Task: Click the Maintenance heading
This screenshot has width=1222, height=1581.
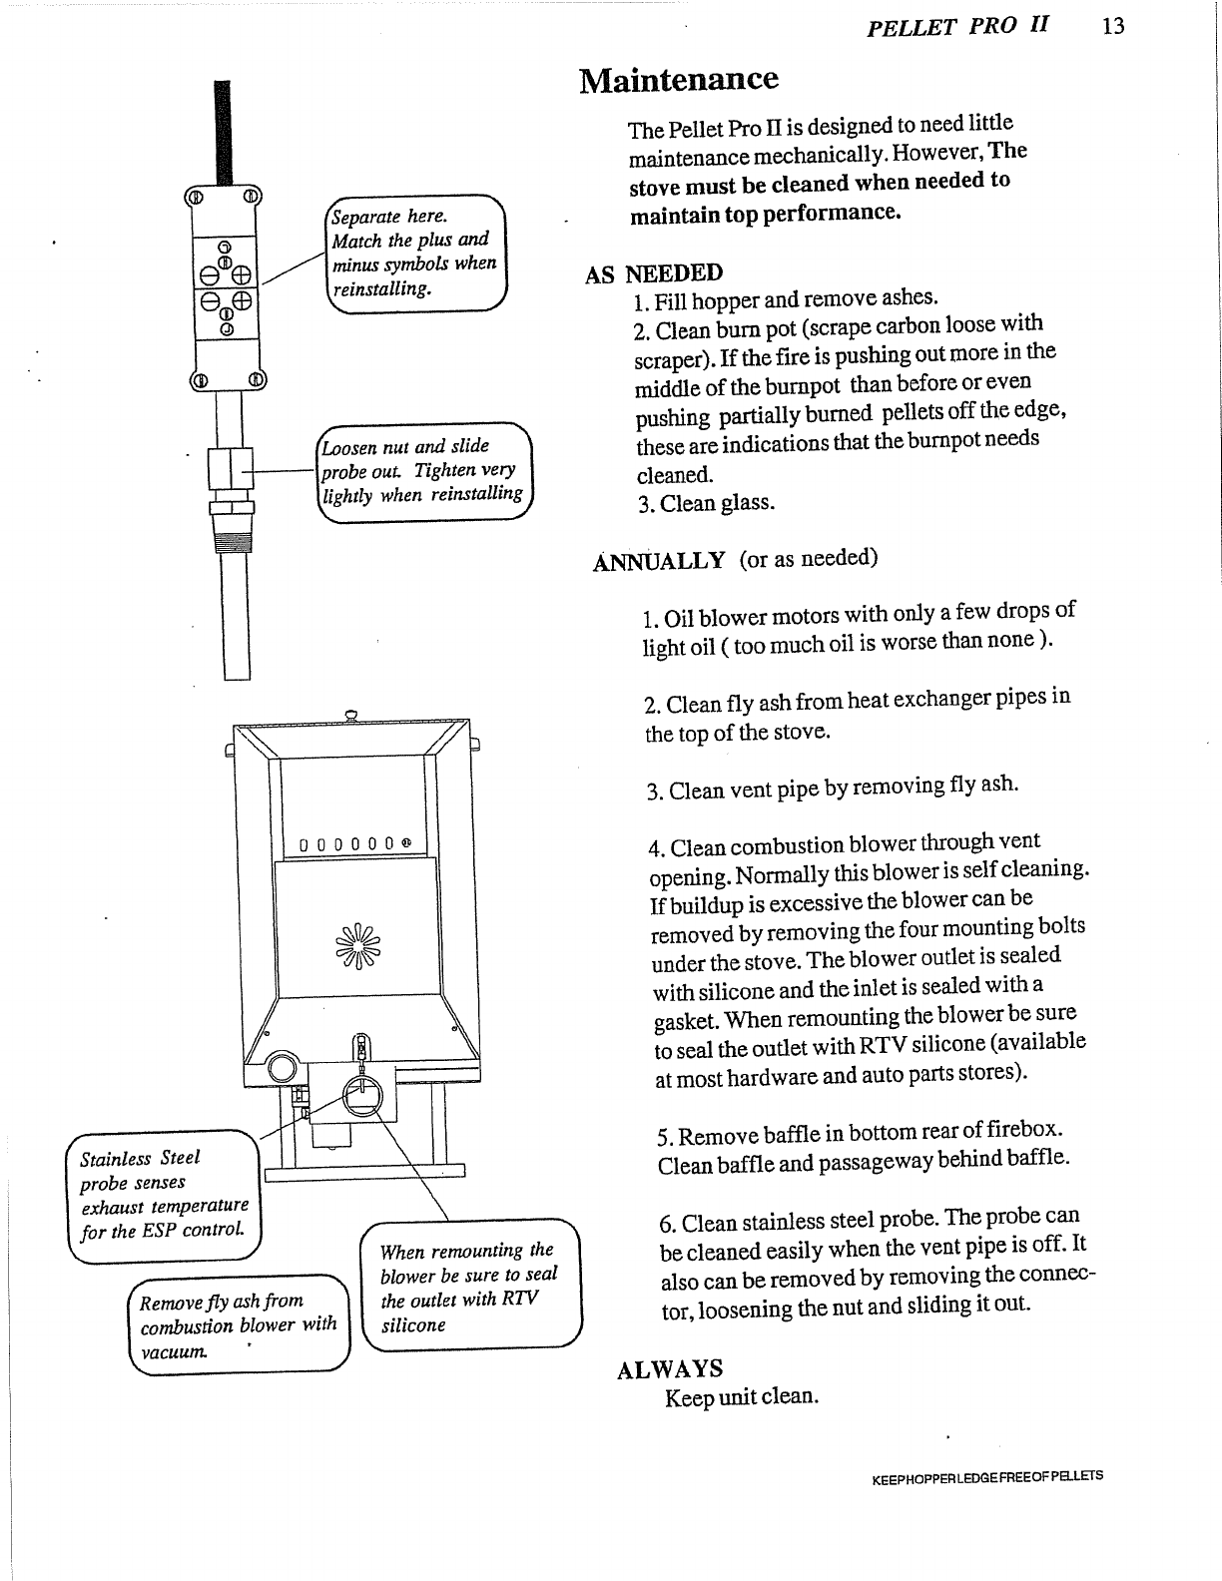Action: click(x=678, y=79)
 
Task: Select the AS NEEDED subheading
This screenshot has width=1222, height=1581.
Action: click(x=654, y=273)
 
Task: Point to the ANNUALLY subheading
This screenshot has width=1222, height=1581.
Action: click(x=659, y=561)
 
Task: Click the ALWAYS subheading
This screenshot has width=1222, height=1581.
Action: click(x=670, y=1368)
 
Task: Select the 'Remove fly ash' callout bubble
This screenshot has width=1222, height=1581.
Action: click(x=240, y=1326)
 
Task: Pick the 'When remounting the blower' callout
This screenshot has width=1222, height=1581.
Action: click(x=469, y=1288)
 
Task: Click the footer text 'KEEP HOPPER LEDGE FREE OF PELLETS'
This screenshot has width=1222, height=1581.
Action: click(x=987, y=1476)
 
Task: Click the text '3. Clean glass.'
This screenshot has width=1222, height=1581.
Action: click(x=706, y=503)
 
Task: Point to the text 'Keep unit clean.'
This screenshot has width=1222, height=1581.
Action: click(x=742, y=1396)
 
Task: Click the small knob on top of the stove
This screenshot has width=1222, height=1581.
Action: click(x=351, y=713)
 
